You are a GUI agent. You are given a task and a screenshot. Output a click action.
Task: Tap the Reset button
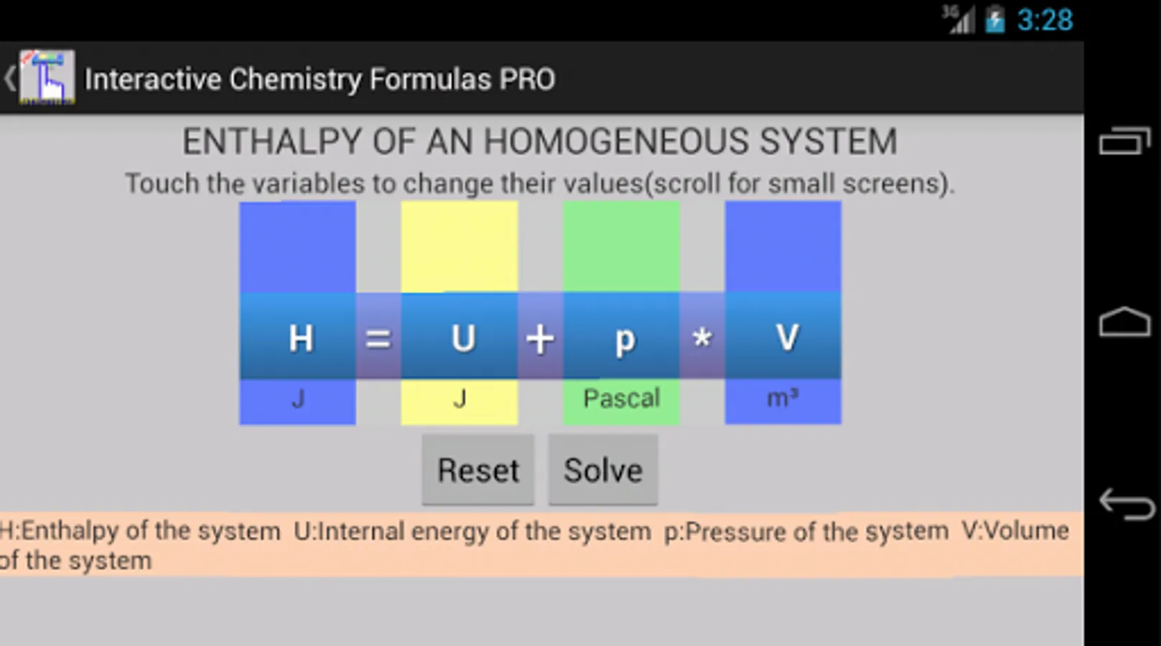point(478,469)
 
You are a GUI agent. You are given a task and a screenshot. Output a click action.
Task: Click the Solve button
point(603,469)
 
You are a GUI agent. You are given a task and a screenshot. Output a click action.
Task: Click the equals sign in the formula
point(378,340)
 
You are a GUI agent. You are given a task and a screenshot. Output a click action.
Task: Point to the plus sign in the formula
point(541,340)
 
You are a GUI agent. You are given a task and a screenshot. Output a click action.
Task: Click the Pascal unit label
point(622,398)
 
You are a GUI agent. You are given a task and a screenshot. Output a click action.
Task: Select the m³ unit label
point(783,398)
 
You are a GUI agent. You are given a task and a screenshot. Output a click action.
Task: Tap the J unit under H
point(298,399)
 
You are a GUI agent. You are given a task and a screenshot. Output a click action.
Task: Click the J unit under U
point(460,399)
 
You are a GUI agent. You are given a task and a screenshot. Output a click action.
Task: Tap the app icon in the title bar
point(47,78)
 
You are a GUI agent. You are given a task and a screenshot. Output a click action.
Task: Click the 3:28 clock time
point(1045,20)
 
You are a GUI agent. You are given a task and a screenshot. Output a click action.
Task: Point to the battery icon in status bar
point(995,19)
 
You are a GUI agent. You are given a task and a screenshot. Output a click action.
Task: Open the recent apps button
point(1124,141)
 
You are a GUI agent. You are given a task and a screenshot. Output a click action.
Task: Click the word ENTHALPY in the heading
point(272,141)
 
